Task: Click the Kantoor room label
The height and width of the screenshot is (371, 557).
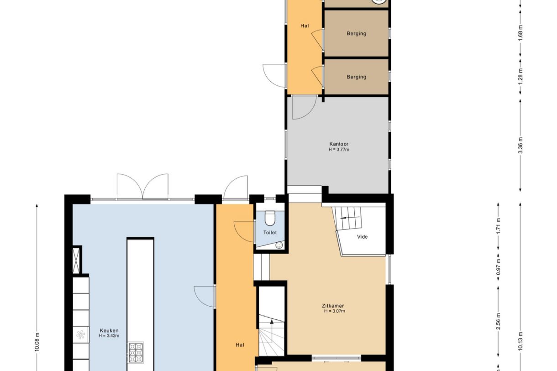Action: [339, 144]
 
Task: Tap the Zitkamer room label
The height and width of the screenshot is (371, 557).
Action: [333, 306]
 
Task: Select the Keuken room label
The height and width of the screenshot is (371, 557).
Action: [109, 330]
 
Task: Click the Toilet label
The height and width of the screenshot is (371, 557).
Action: [270, 233]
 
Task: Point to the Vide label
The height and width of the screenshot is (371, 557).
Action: [363, 237]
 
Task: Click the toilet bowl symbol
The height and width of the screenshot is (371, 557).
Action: [270, 218]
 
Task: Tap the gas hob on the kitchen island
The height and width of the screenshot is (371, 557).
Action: [136, 353]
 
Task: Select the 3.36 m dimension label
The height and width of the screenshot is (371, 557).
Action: [521, 146]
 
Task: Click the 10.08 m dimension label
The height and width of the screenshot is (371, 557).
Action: [37, 342]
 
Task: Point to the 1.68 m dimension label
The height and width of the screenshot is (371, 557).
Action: [521, 33]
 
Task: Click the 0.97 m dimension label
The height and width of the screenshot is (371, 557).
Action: [498, 267]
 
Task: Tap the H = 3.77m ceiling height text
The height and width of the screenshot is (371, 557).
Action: [339, 150]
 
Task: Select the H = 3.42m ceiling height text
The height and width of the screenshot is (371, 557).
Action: [109, 336]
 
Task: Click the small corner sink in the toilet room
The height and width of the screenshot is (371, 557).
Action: [279, 246]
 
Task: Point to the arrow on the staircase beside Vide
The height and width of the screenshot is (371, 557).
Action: [350, 218]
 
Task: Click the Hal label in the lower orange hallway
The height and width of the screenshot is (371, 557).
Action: [240, 345]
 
